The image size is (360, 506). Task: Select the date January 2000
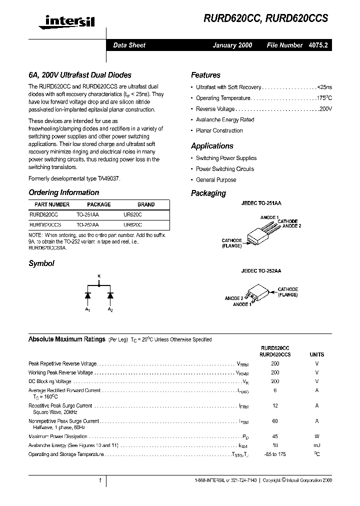click(232, 45)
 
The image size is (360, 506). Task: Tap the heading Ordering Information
click(63, 192)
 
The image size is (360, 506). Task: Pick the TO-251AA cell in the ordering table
click(87, 214)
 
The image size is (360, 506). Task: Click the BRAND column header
click(146, 204)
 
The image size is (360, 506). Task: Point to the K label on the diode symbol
click(98, 276)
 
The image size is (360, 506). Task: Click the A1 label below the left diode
click(87, 310)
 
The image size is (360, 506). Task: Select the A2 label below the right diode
click(110, 310)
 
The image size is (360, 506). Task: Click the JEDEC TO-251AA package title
click(261, 204)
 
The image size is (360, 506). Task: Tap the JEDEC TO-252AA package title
click(261, 270)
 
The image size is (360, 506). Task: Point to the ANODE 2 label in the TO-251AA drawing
click(291, 226)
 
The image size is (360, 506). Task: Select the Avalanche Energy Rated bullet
click(225, 120)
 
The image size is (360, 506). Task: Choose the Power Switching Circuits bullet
click(224, 169)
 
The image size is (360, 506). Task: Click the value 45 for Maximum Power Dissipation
click(275, 436)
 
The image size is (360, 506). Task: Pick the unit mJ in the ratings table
click(317, 445)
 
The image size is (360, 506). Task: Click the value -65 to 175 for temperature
click(275, 454)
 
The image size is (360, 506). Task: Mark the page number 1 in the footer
click(100, 480)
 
